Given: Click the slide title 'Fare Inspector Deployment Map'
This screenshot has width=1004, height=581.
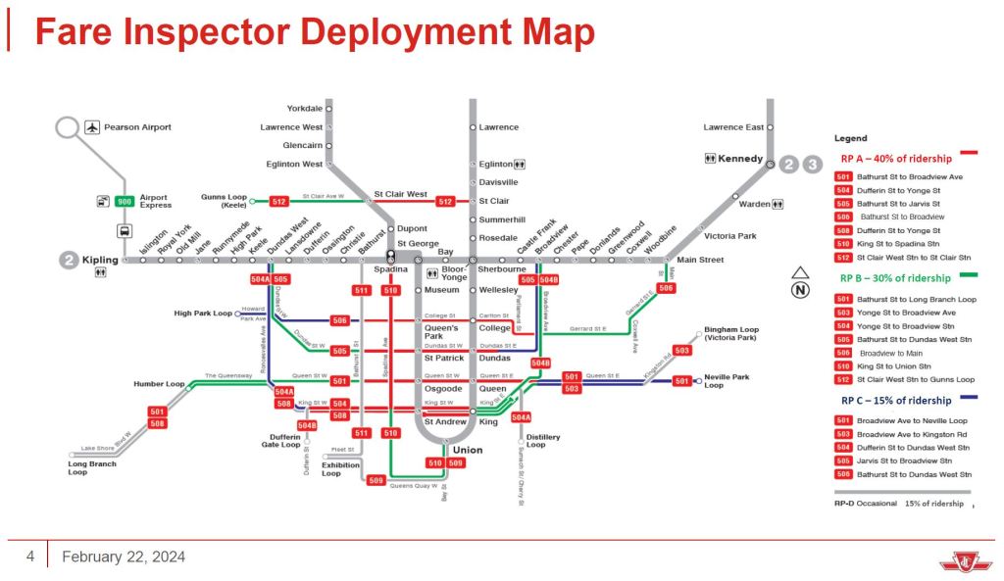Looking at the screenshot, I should [x=314, y=32].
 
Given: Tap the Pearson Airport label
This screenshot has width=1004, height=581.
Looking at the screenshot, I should [x=137, y=127].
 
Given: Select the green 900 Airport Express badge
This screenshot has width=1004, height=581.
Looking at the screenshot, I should [x=125, y=201].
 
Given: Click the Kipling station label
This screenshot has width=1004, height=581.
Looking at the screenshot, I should [x=100, y=260].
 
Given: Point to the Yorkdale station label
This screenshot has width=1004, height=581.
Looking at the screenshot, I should [x=305, y=108].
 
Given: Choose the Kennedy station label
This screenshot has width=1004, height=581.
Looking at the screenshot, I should [x=740, y=159].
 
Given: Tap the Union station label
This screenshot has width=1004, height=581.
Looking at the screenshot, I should [x=468, y=450].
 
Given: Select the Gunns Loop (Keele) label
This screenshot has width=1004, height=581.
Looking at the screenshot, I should [x=224, y=201].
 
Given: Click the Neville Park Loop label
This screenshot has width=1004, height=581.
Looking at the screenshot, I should [x=727, y=381].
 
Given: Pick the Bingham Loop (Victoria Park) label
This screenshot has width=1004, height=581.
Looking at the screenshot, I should [x=730, y=333].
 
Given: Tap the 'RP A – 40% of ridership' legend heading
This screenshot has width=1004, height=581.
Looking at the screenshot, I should [x=895, y=158].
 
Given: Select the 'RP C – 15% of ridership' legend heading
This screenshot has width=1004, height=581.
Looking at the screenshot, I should [x=895, y=401].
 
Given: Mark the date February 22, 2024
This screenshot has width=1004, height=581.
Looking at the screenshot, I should [x=124, y=557].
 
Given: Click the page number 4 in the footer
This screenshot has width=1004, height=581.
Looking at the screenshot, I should [x=30, y=557].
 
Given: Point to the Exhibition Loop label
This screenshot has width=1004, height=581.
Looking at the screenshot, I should [x=341, y=468].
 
